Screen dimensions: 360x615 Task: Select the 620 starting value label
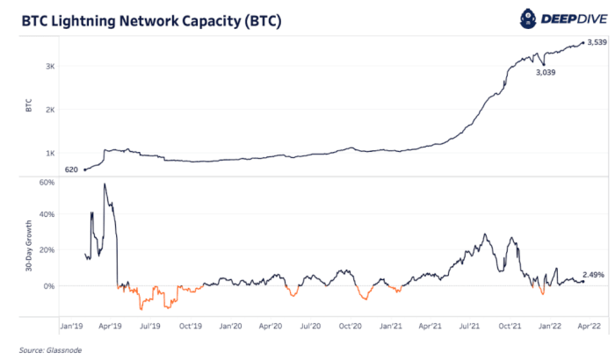pyautogui.click(x=71, y=169)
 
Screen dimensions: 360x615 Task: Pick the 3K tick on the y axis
pyautogui.click(x=51, y=67)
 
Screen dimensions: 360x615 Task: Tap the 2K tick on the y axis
pyautogui.click(x=51, y=110)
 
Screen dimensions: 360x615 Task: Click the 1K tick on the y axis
pyautogui.click(x=51, y=153)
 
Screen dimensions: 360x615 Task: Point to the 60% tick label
pyautogui.click(x=47, y=183)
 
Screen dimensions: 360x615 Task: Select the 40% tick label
pyautogui.click(x=47, y=215)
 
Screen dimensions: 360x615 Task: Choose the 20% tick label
pyautogui.click(x=47, y=250)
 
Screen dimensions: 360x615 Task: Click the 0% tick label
pyautogui.click(x=50, y=285)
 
